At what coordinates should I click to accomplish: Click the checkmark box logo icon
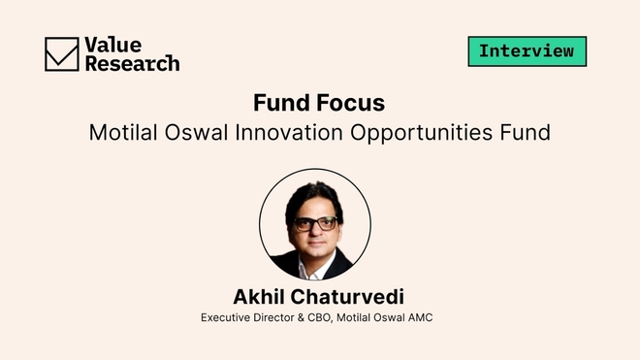click(62, 53)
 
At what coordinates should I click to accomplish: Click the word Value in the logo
click(112, 44)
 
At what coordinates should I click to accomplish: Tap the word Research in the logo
click(132, 63)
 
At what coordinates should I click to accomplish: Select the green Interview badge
click(527, 50)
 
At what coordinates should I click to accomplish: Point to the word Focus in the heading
click(351, 103)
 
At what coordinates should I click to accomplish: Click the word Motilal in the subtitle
click(122, 132)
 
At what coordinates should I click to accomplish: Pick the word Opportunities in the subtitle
click(421, 133)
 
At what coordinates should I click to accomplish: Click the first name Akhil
click(259, 296)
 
